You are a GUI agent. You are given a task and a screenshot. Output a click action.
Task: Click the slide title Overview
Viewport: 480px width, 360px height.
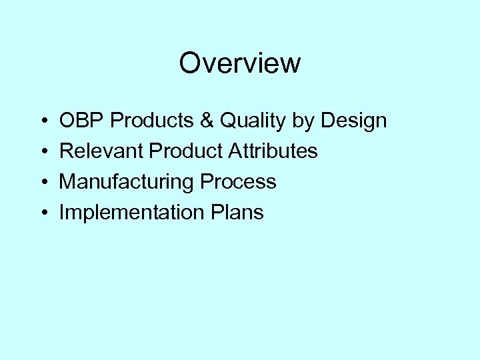tap(240, 64)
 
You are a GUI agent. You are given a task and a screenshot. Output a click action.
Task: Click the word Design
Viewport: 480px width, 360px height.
tap(355, 121)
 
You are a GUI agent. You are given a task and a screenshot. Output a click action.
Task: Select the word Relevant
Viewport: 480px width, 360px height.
tap(101, 151)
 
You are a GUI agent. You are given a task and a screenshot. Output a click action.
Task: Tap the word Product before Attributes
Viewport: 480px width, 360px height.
tap(186, 151)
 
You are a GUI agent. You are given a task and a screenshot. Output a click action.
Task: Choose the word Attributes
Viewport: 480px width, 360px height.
tap(273, 151)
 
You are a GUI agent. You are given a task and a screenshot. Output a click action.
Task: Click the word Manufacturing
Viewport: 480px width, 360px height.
tap(126, 182)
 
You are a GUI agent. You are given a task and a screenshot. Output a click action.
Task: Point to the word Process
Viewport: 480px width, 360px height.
tap(237, 182)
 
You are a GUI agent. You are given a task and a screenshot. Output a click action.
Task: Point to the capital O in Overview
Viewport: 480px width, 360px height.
tap(189, 64)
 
